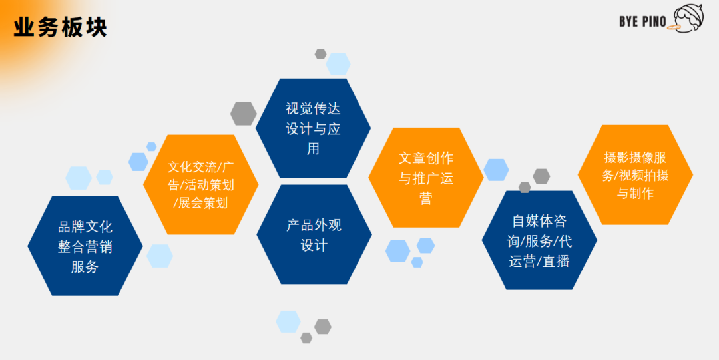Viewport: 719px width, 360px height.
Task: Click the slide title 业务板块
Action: click(x=61, y=27)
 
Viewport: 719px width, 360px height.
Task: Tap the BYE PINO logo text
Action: click(x=642, y=21)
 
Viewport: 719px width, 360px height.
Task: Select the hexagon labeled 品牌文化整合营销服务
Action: click(x=85, y=246)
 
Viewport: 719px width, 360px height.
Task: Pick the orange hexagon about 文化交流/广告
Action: click(x=200, y=184)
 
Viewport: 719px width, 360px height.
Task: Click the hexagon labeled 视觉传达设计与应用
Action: click(x=314, y=128)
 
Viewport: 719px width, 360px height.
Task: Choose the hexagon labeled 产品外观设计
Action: click(x=314, y=235)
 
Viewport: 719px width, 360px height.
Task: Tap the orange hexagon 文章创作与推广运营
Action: click(x=426, y=178)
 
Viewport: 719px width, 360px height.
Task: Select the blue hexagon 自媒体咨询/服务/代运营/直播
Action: click(x=539, y=240)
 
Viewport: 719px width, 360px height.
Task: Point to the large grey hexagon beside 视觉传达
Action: click(x=244, y=114)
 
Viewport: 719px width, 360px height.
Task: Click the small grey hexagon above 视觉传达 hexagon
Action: click(x=320, y=54)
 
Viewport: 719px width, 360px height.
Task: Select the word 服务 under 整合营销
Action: click(x=85, y=267)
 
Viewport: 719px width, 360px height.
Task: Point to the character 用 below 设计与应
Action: click(x=314, y=149)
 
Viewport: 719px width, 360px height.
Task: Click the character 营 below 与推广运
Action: click(x=426, y=198)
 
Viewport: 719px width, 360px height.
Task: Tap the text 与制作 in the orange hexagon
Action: click(x=635, y=193)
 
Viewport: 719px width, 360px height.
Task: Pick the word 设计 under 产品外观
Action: click(x=314, y=245)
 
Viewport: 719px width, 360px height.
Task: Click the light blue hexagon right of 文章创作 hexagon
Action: click(x=496, y=170)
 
